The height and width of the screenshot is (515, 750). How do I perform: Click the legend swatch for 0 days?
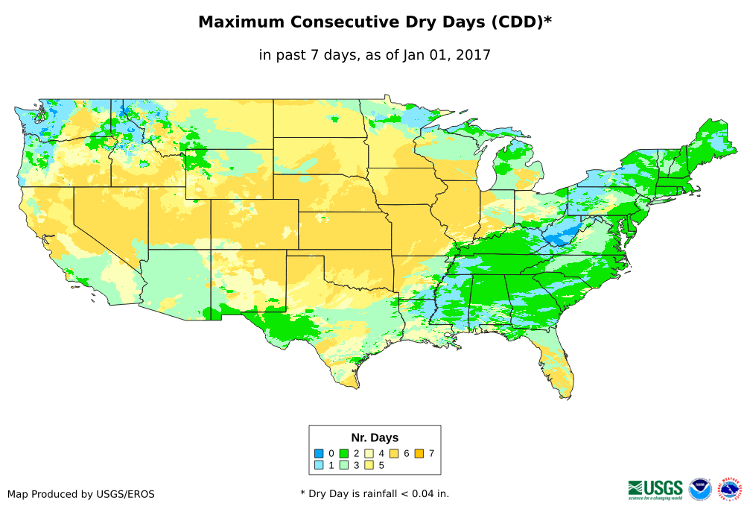tap(319, 453)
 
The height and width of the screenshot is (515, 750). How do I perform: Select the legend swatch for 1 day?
tap(319, 465)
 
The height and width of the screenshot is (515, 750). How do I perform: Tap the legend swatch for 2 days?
tap(344, 453)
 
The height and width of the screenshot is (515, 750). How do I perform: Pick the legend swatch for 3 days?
tap(344, 465)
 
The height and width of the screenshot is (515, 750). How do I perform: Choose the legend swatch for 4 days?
tap(369, 453)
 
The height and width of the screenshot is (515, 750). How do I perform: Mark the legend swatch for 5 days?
tap(369, 465)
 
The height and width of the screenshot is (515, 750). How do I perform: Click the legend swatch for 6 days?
tap(395, 453)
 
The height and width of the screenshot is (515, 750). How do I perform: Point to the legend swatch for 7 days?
tap(420, 453)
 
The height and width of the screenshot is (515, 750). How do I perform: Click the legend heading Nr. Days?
tap(375, 437)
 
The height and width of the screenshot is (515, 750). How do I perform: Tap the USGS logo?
tap(655, 489)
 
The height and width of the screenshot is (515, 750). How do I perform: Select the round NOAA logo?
tap(700, 489)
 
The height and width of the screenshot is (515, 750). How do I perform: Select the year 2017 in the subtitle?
tap(473, 54)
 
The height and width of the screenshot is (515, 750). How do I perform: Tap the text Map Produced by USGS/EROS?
tap(81, 494)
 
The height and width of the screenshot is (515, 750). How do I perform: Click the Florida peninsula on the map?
tap(555, 365)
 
